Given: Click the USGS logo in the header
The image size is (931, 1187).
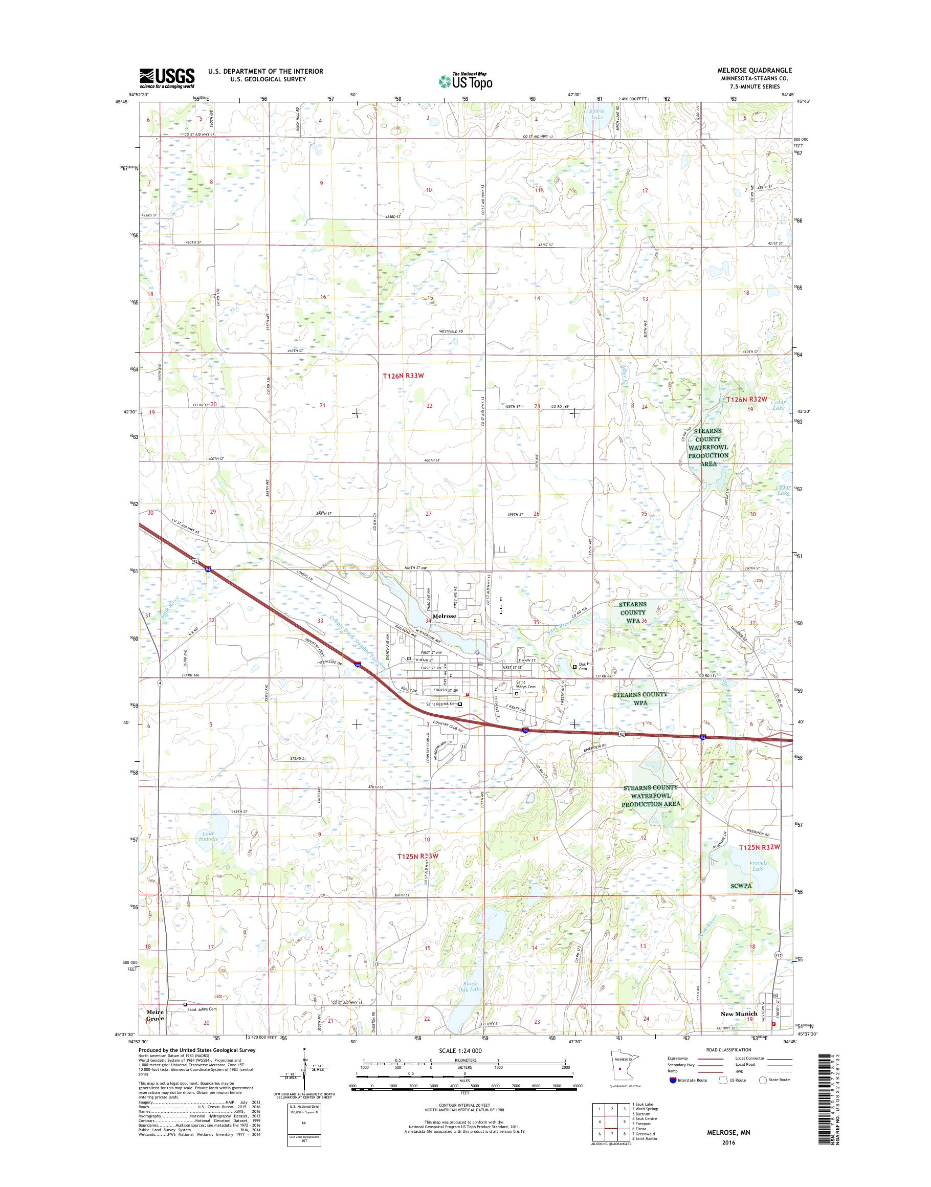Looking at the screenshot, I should click(167, 78).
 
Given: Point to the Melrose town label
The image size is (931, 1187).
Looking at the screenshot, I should click(444, 616).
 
